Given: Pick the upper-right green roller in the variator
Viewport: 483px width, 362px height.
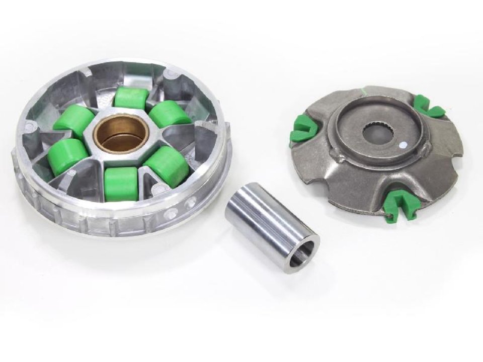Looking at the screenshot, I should point(170,114).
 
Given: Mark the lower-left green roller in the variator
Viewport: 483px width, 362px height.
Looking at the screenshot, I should point(68,155).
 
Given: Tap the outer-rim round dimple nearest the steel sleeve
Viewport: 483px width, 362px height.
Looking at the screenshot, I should point(191,203).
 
